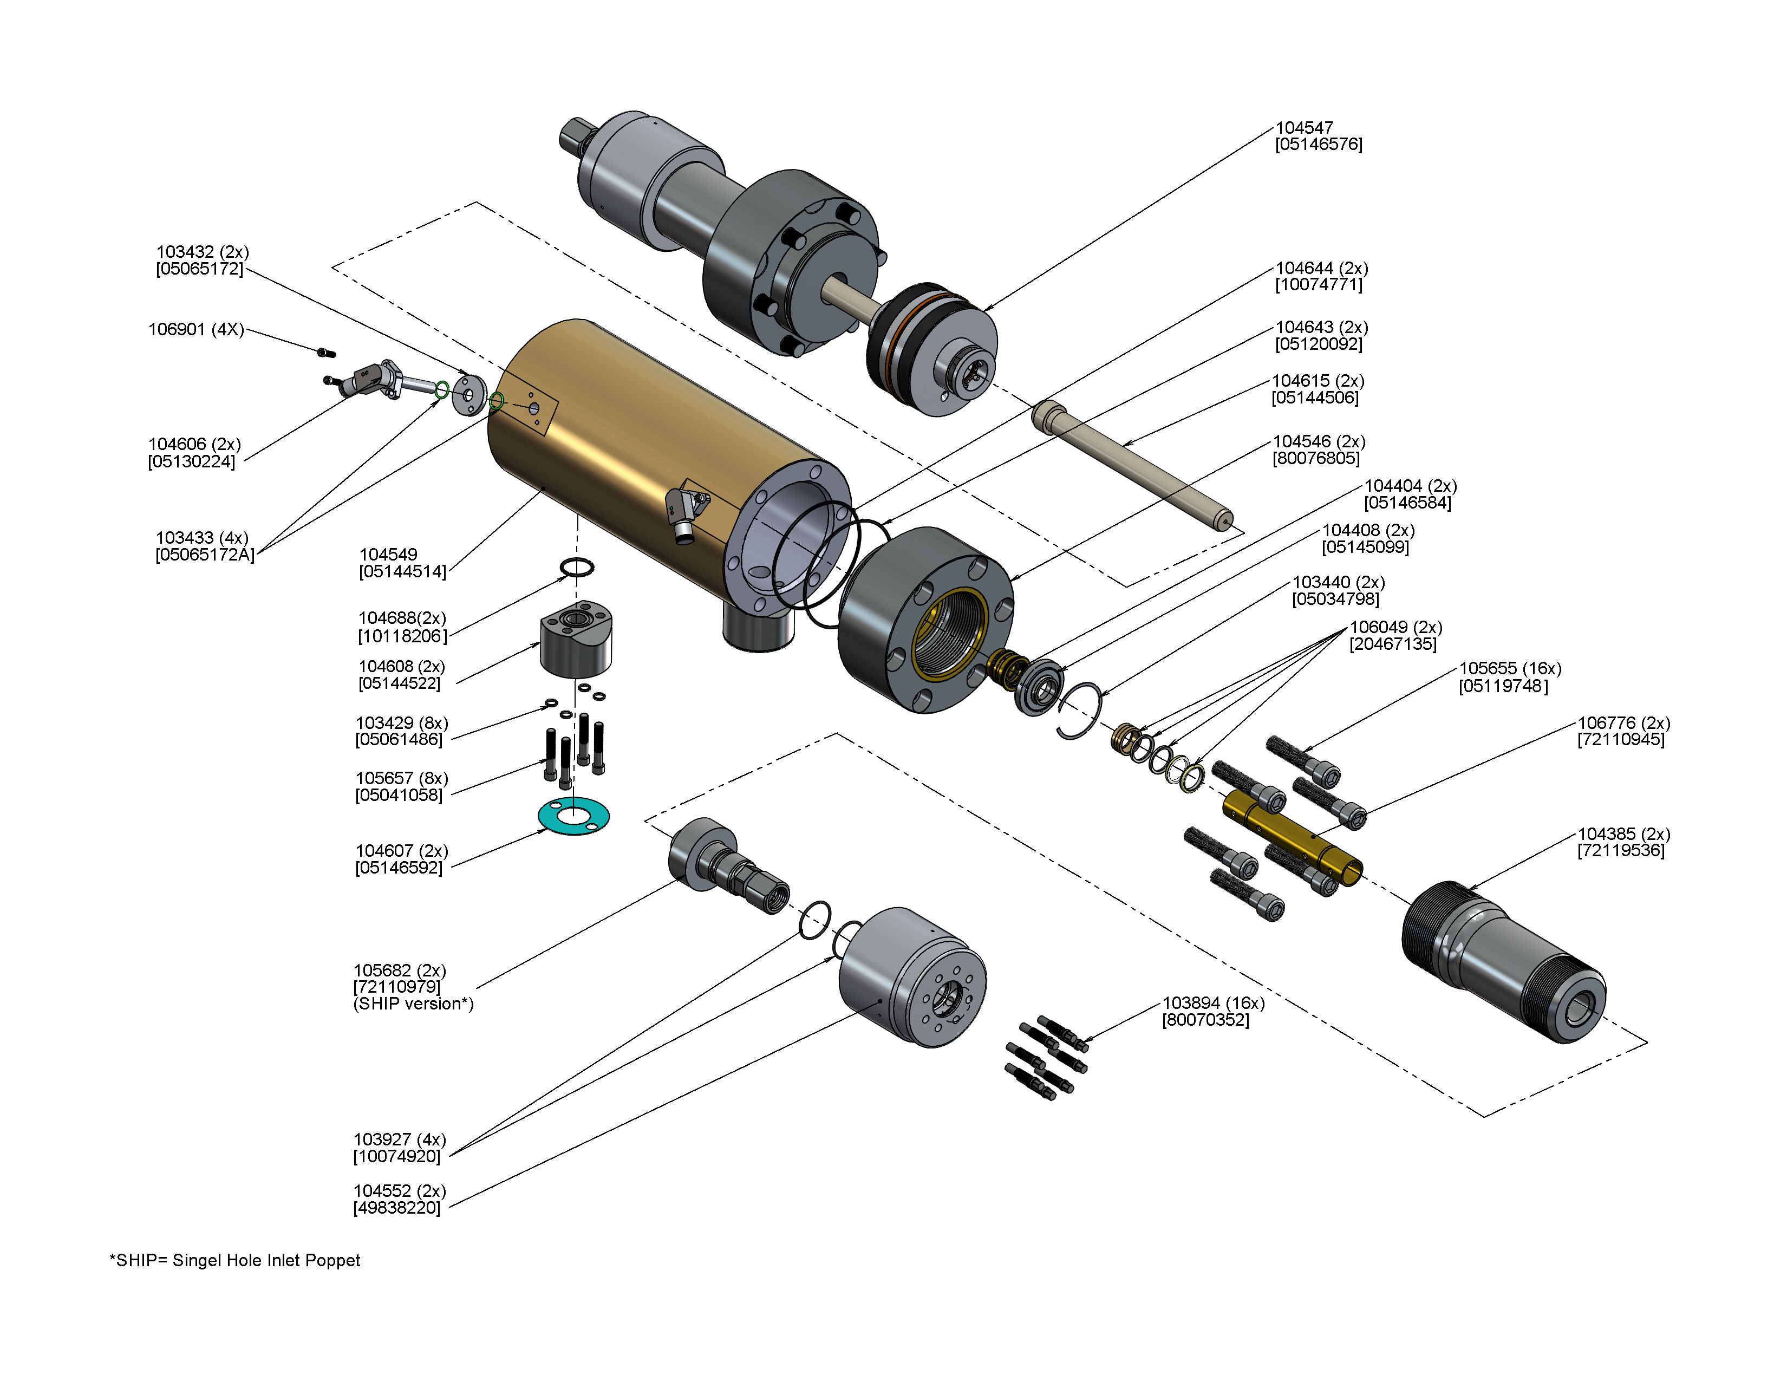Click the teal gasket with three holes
tap(573, 817)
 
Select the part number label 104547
tap(1305, 128)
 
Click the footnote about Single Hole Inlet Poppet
tap(235, 1260)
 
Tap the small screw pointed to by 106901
tap(325, 353)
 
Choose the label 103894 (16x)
tap(1212, 1003)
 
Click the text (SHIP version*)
tap(413, 1004)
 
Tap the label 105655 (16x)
tap(1510, 668)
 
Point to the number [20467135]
tap(1393, 644)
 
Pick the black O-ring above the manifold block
tap(577, 567)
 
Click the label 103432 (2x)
tap(202, 252)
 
